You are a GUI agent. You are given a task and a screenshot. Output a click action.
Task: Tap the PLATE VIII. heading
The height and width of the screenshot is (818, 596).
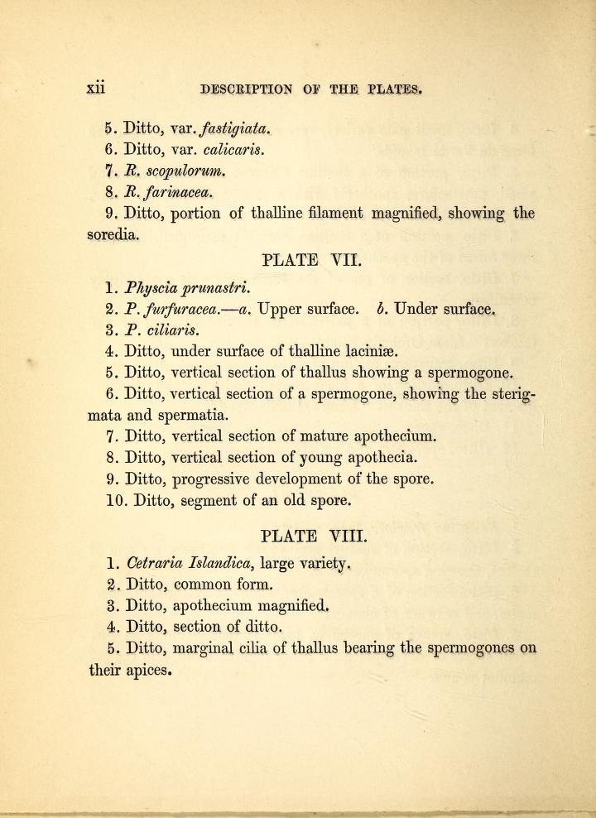tap(312, 534)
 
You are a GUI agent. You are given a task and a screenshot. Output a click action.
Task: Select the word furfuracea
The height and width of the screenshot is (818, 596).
tap(180, 310)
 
